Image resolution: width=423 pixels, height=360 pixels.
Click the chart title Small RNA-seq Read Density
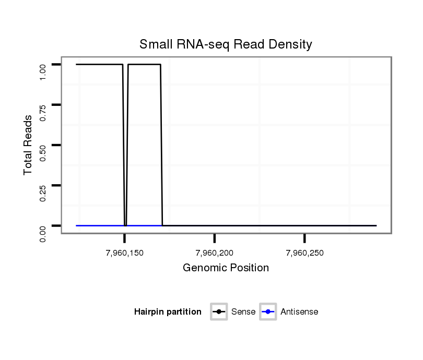click(x=226, y=44)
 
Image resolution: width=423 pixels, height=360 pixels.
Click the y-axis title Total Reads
click(x=29, y=145)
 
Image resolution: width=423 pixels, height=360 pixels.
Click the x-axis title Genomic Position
click(x=226, y=268)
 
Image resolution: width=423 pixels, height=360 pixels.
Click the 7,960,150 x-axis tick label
click(x=124, y=254)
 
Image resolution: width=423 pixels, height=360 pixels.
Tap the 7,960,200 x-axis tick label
click(x=214, y=254)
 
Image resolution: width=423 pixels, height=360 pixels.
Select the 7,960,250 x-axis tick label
click(x=304, y=254)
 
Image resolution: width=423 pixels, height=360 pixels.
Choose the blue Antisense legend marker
click(x=268, y=312)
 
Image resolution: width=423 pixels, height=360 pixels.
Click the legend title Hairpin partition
click(x=168, y=312)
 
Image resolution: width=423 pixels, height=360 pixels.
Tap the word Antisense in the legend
click(x=299, y=312)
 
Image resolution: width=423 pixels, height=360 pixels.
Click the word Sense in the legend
click(x=243, y=312)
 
